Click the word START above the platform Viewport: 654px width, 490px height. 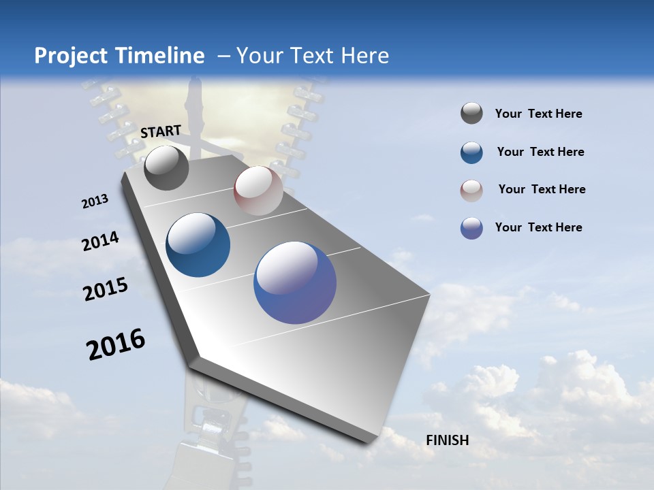click(x=161, y=131)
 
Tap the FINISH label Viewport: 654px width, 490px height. click(x=448, y=440)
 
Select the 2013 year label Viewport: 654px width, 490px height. click(x=95, y=201)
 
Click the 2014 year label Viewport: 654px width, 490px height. click(x=100, y=241)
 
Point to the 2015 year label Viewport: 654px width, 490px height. click(x=106, y=289)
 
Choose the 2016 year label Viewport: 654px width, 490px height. click(x=116, y=344)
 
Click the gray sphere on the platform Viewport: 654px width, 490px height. click(x=166, y=167)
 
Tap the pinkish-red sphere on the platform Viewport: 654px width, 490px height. click(x=258, y=191)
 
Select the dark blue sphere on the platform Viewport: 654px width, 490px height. click(x=198, y=245)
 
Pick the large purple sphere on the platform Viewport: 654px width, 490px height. click(x=295, y=282)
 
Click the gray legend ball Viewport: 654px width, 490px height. click(x=471, y=114)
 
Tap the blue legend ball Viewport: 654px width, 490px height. click(x=471, y=152)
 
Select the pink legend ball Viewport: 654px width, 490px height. click(x=471, y=190)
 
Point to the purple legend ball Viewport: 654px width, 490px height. click(x=471, y=228)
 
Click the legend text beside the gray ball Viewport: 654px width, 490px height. click(x=538, y=114)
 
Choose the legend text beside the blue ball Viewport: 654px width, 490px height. click(x=540, y=152)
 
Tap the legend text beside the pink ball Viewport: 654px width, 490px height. click(x=542, y=189)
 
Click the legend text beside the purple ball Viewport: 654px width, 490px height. click(x=538, y=227)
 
